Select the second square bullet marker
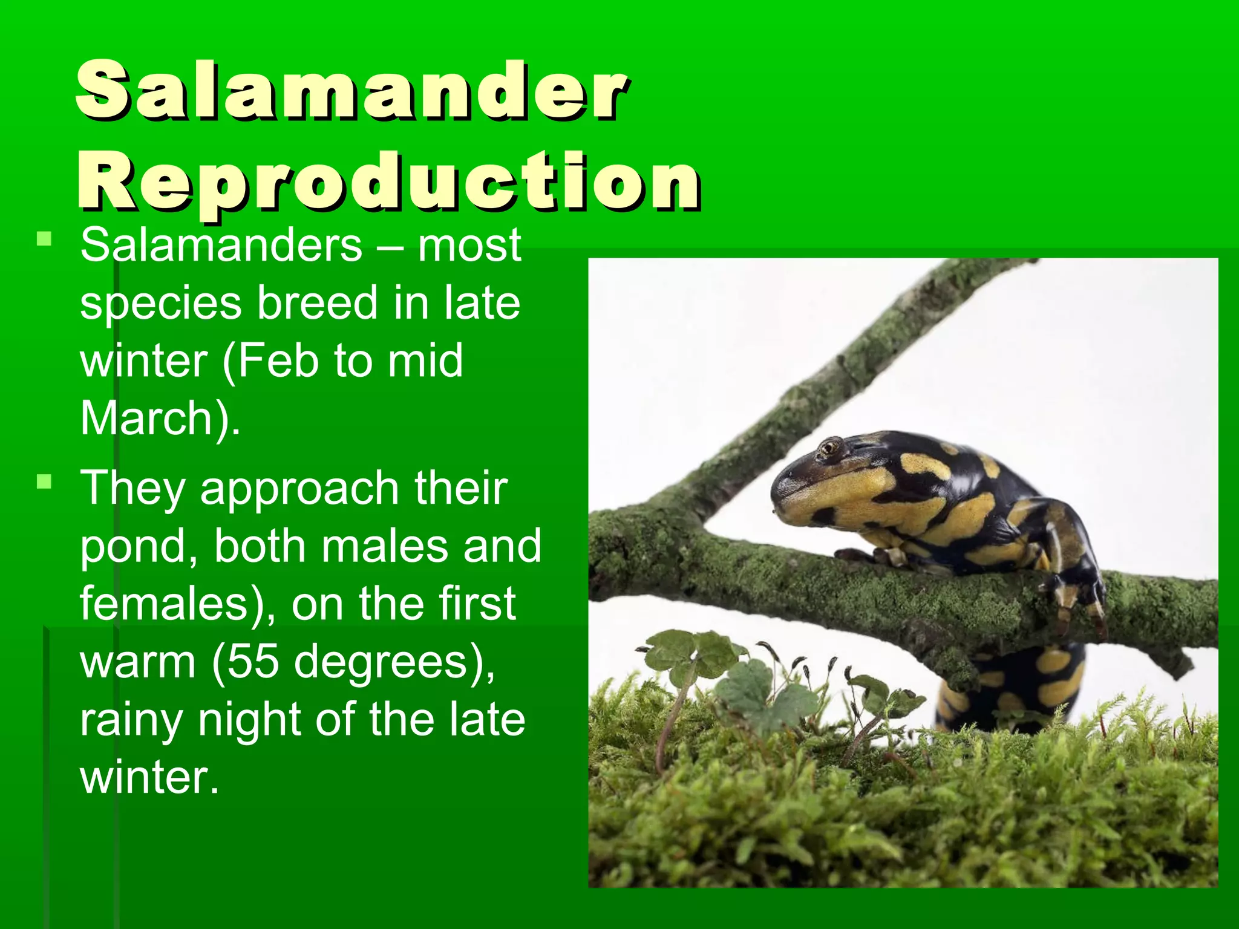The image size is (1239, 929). pos(44,482)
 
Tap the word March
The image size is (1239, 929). pos(145,418)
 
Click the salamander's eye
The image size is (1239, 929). pos(828,448)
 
